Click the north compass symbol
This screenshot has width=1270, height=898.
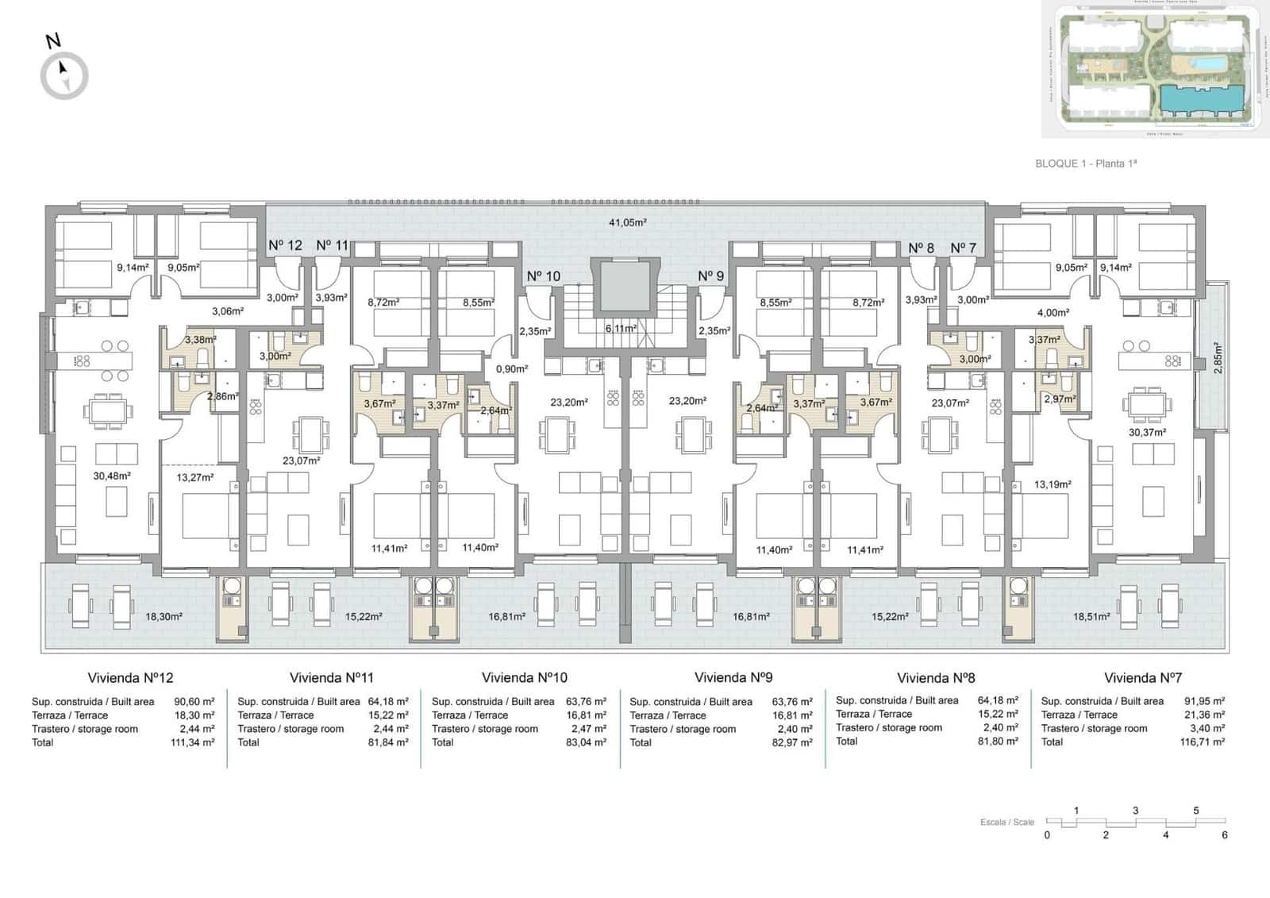(x=64, y=75)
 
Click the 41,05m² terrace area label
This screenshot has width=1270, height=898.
(x=627, y=222)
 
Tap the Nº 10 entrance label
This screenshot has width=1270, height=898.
(x=543, y=276)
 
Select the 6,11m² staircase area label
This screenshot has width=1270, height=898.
(x=620, y=328)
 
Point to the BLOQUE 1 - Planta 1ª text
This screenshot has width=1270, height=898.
(x=1086, y=164)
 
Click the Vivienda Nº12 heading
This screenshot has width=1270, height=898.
(x=130, y=678)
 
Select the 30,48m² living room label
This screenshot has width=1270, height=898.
(x=111, y=476)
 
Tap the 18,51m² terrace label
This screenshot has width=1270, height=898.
(x=1091, y=616)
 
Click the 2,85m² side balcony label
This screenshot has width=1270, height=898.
(x=1218, y=358)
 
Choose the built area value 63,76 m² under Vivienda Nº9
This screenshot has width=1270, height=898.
(x=792, y=702)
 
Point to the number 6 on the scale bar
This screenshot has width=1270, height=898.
(x=1225, y=835)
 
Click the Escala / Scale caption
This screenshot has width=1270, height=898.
(x=1006, y=823)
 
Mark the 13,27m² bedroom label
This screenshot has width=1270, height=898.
(x=195, y=478)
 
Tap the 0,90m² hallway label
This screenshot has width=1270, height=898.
(x=512, y=369)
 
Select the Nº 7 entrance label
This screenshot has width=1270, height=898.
(x=963, y=249)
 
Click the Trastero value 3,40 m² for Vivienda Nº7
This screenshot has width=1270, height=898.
(x=1207, y=728)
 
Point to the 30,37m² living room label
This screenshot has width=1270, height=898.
(x=1147, y=433)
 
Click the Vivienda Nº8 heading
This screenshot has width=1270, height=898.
(x=935, y=678)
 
